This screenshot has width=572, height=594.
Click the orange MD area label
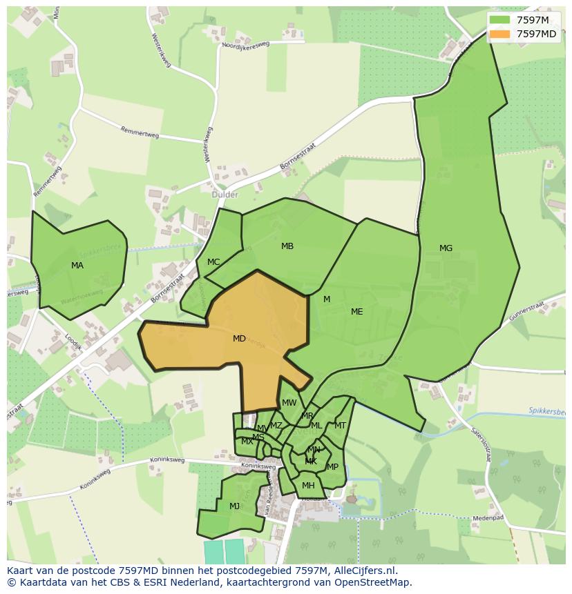[239, 339]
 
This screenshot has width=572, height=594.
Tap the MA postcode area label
[77, 266]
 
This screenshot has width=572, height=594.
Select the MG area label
[446, 248]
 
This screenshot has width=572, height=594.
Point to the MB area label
[287, 246]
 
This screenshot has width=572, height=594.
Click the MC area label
[213, 262]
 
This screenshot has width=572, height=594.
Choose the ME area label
[356, 312]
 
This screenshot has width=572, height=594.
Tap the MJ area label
[234, 506]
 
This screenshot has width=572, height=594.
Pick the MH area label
[308, 486]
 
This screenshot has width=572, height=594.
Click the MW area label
[289, 403]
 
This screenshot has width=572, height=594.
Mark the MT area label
[340, 426]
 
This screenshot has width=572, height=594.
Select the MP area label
[332, 467]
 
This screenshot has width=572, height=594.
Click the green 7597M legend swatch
[500, 21]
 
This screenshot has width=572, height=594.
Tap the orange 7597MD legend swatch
[500, 34]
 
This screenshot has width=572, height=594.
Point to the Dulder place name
[225, 195]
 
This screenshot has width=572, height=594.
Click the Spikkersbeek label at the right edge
[547, 411]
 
